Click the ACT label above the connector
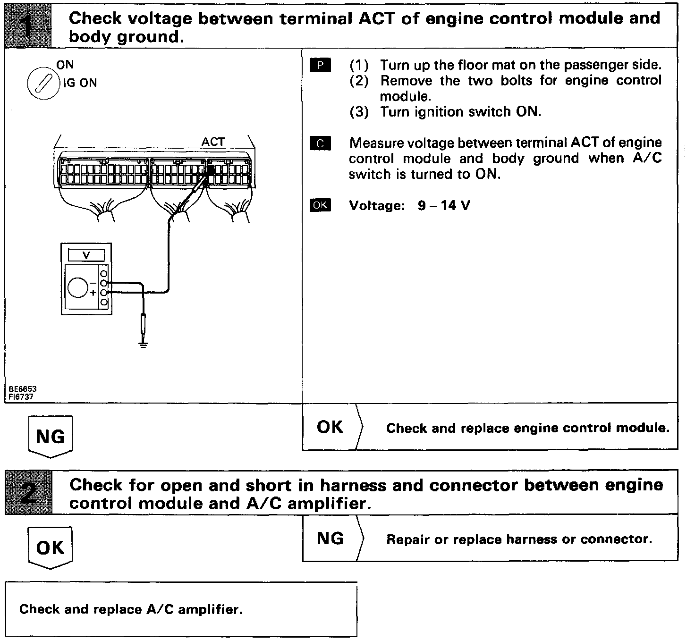[213, 142]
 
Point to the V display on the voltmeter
[86, 255]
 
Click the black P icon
[321, 66]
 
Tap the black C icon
[321, 143]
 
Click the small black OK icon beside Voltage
[321, 205]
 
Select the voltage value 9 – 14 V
[444, 206]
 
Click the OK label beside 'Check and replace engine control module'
[330, 427]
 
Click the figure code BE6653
[22, 389]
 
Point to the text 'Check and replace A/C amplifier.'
[131, 609]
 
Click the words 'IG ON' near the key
[80, 83]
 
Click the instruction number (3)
[359, 112]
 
